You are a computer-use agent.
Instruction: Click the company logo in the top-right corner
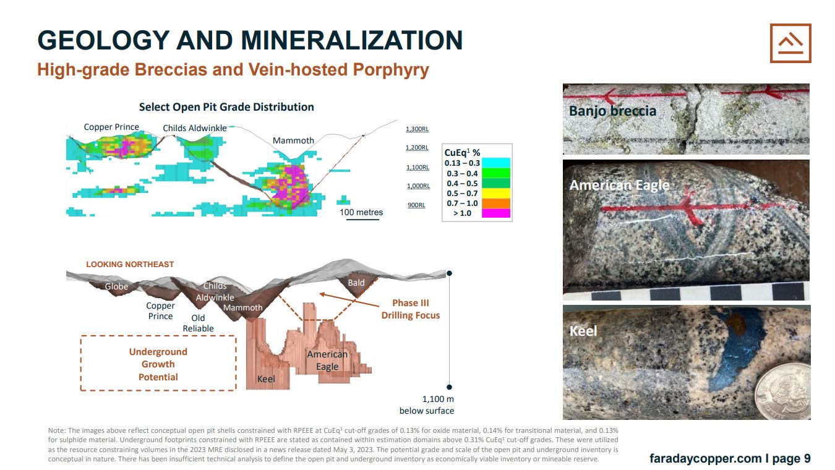pos(790,43)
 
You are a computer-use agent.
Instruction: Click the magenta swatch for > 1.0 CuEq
pos(496,213)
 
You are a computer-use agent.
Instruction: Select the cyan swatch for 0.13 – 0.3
pos(496,163)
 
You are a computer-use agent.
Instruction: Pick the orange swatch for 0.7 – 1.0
pos(496,203)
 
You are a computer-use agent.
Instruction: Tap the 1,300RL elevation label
pos(417,129)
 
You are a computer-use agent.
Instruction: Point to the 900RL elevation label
pos(416,205)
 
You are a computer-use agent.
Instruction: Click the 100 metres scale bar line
pos(362,220)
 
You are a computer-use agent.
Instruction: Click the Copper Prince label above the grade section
pos(111,127)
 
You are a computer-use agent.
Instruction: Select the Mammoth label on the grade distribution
pos(293,140)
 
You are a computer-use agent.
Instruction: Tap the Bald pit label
pos(356,283)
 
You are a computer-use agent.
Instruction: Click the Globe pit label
pos(116,286)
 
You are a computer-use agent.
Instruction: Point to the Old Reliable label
pos(198,323)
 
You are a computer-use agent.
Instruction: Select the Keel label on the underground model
pos(266,379)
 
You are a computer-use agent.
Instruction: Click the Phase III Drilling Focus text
pos(411,309)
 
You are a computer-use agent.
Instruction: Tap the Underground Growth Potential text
pos(158,364)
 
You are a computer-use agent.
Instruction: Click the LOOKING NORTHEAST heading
pos(130,264)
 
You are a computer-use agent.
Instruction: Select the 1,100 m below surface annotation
pos(427,405)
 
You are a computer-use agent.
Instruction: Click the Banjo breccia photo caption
pos(612,111)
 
